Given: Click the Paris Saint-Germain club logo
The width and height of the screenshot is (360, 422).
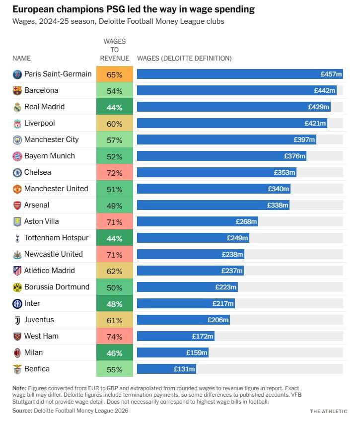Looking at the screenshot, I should [17, 74].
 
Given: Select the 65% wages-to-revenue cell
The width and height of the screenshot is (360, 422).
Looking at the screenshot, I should [115, 74].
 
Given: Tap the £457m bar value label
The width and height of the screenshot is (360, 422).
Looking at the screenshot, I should [331, 74].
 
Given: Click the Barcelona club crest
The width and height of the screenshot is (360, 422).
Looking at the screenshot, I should [17, 91].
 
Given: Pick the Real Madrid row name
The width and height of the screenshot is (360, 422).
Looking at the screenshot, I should [44, 107].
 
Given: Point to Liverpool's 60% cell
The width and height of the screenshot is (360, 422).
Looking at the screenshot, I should [115, 124].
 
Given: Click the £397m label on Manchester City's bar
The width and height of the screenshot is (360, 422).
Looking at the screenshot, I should [304, 140].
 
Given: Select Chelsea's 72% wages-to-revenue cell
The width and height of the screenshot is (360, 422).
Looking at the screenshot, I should [115, 173].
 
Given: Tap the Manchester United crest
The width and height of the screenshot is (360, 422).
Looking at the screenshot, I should [17, 189].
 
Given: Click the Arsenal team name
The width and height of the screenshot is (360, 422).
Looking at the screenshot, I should [37, 205].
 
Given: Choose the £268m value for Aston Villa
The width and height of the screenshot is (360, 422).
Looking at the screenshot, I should [246, 222].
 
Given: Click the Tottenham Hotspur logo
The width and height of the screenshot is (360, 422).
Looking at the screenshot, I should [17, 238].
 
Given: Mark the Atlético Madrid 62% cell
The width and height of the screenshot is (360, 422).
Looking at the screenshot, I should [115, 271].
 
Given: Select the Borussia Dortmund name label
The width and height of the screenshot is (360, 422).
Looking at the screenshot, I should [57, 287].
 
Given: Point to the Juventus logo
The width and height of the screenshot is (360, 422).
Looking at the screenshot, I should [17, 320].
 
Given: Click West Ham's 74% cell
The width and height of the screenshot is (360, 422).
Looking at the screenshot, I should [115, 337].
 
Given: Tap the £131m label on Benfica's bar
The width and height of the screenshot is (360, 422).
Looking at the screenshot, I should [184, 369].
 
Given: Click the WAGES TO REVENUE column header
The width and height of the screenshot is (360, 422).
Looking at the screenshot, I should [115, 50].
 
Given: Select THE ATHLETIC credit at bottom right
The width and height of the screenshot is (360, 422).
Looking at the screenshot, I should [328, 411].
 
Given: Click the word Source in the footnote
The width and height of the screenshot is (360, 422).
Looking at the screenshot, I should [22, 411].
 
